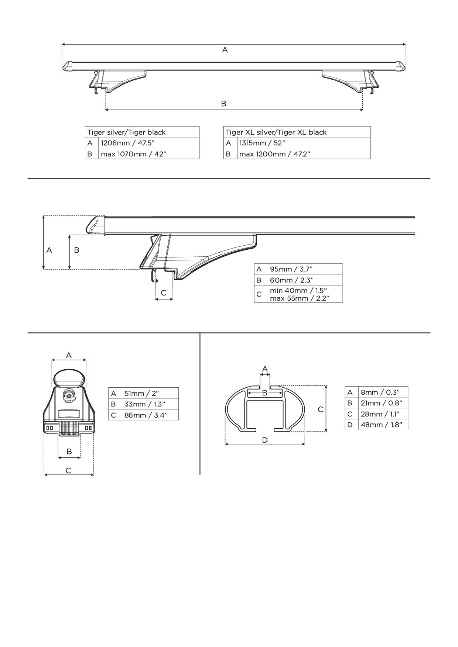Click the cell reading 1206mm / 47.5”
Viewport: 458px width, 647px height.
pos(149,143)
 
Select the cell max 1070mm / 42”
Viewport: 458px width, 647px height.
pos(149,154)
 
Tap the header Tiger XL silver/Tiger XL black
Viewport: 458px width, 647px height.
pos(297,132)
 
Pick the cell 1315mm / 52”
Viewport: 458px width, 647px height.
pos(304,143)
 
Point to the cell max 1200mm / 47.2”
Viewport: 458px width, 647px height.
pos(304,154)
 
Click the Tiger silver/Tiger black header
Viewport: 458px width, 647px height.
pos(142,132)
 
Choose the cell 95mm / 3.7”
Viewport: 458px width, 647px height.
pos(305,269)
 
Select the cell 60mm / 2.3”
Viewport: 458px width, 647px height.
pos(305,280)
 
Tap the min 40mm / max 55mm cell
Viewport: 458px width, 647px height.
pos(305,294)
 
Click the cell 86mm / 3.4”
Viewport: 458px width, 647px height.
pos(150,415)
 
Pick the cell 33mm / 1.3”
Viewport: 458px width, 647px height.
pos(150,404)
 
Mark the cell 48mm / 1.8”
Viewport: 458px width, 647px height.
pos(383,425)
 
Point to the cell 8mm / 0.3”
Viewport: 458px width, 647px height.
pos(383,392)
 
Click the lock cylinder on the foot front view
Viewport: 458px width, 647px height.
pos(69,395)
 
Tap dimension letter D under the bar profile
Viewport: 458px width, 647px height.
pos(265,440)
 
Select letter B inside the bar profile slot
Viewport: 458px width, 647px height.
pos(265,393)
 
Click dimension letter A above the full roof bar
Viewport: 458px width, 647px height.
pos(225,50)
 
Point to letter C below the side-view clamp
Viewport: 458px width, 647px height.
pos(164,293)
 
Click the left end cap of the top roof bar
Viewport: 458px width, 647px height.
pos(68,66)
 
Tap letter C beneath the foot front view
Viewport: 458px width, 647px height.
pos(68,470)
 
